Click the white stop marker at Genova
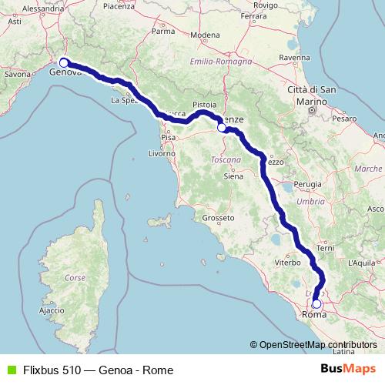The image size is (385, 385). pos(64,64)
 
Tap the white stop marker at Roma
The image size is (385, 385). pos(316,303)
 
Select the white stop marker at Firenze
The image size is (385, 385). pos(222,129)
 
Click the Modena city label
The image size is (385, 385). pos(206,35)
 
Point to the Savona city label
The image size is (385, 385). pos(17,75)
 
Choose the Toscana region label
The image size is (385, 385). pos(226,159)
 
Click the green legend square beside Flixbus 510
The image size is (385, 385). pos(10,370)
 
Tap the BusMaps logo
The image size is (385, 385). pos(348,370)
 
